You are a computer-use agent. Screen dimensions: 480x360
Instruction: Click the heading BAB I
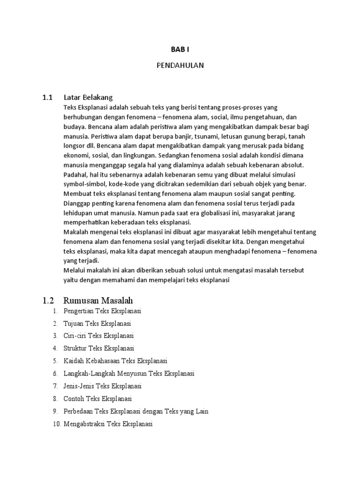[180, 48]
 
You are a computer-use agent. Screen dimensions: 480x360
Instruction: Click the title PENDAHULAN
[180, 66]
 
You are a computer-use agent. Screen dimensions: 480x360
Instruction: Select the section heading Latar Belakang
[89, 97]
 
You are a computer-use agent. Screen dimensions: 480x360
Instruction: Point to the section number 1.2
[48, 300]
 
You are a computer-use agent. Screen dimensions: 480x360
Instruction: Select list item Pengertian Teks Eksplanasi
[102, 311]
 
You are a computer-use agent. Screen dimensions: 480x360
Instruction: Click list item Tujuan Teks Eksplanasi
[97, 323]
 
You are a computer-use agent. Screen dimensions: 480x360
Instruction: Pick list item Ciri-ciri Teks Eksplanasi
[98, 336]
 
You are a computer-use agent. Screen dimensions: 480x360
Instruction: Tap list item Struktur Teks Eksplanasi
[99, 348]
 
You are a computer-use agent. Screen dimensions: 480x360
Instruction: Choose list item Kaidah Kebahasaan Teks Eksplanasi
[115, 361]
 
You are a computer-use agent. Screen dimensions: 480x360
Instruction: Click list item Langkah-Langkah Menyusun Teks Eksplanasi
[129, 374]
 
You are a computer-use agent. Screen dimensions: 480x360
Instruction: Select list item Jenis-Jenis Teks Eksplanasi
[102, 386]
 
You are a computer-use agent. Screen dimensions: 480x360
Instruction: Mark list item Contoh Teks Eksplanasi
[98, 399]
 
